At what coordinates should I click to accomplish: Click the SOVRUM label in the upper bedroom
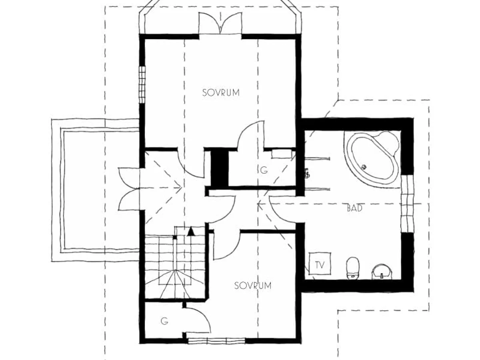point(221,93)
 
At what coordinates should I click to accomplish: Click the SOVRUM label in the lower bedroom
point(252,286)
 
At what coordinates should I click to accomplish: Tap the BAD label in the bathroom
point(354,208)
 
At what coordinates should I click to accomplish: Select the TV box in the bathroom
point(320,263)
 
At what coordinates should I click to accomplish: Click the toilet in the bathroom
point(353,268)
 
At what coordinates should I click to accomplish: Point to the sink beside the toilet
point(381,272)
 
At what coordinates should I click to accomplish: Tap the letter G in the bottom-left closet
point(164,321)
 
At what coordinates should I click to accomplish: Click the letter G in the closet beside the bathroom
point(264,170)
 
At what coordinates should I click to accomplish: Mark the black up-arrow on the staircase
point(191,232)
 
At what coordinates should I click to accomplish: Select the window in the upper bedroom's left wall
point(142,84)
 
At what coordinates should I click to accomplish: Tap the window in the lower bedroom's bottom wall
point(216,340)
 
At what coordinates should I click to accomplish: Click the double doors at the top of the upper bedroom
point(220,23)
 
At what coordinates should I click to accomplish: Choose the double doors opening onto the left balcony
point(129,189)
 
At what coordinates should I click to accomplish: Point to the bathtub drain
point(364,167)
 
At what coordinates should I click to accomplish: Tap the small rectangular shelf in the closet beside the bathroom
point(282,154)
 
